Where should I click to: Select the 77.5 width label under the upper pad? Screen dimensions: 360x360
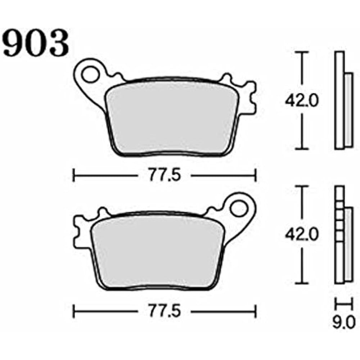[164, 176]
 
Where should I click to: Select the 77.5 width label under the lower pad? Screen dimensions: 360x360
[164, 310]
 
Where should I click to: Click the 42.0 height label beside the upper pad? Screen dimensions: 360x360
[302, 101]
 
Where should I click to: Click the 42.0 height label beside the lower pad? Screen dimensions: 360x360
[302, 235]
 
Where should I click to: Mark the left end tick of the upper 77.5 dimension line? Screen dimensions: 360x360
[74, 176]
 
